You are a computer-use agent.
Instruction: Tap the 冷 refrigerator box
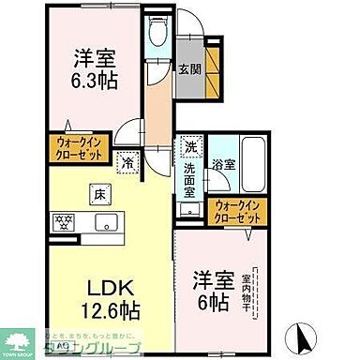click(127, 162)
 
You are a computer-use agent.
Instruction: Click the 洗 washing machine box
click(190, 146)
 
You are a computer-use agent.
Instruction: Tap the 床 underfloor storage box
click(97, 195)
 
